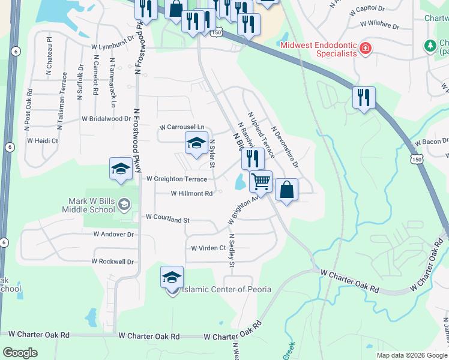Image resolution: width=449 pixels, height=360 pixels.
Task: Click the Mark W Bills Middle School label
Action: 88,205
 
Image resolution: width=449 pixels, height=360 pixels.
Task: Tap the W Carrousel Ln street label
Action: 182,127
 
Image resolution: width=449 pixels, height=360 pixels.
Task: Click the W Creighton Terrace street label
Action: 176,179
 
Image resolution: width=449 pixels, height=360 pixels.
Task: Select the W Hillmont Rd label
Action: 191,194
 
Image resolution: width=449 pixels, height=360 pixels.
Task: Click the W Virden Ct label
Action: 208,248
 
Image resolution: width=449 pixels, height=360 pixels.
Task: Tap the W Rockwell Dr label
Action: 112,262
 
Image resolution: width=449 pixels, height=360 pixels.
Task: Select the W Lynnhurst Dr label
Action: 112,46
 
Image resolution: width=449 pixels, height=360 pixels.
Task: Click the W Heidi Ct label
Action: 42,140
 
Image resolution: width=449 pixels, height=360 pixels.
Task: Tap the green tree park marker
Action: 430,46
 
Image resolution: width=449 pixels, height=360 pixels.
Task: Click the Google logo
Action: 20,352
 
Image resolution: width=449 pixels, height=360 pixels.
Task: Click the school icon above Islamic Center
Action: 172,277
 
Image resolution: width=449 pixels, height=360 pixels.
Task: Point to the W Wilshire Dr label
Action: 379,25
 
